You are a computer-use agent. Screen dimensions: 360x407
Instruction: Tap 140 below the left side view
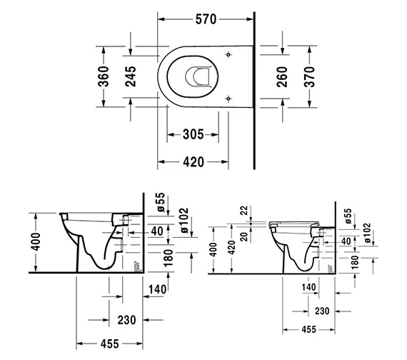pyautogui.click(x=159, y=289)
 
